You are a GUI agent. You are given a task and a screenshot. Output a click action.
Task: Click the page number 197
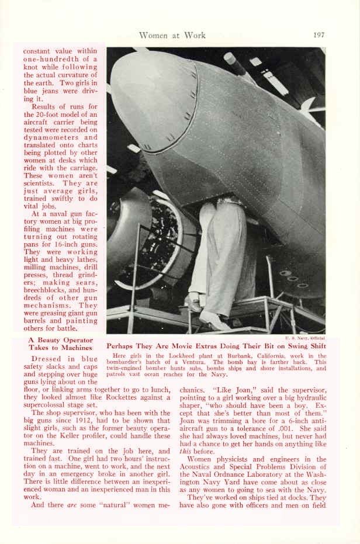319,35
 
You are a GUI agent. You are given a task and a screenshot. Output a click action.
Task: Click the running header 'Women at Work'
172,35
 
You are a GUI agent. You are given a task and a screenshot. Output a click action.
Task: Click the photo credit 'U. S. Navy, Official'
305,337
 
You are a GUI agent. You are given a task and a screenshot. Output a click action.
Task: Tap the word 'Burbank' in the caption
240,356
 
